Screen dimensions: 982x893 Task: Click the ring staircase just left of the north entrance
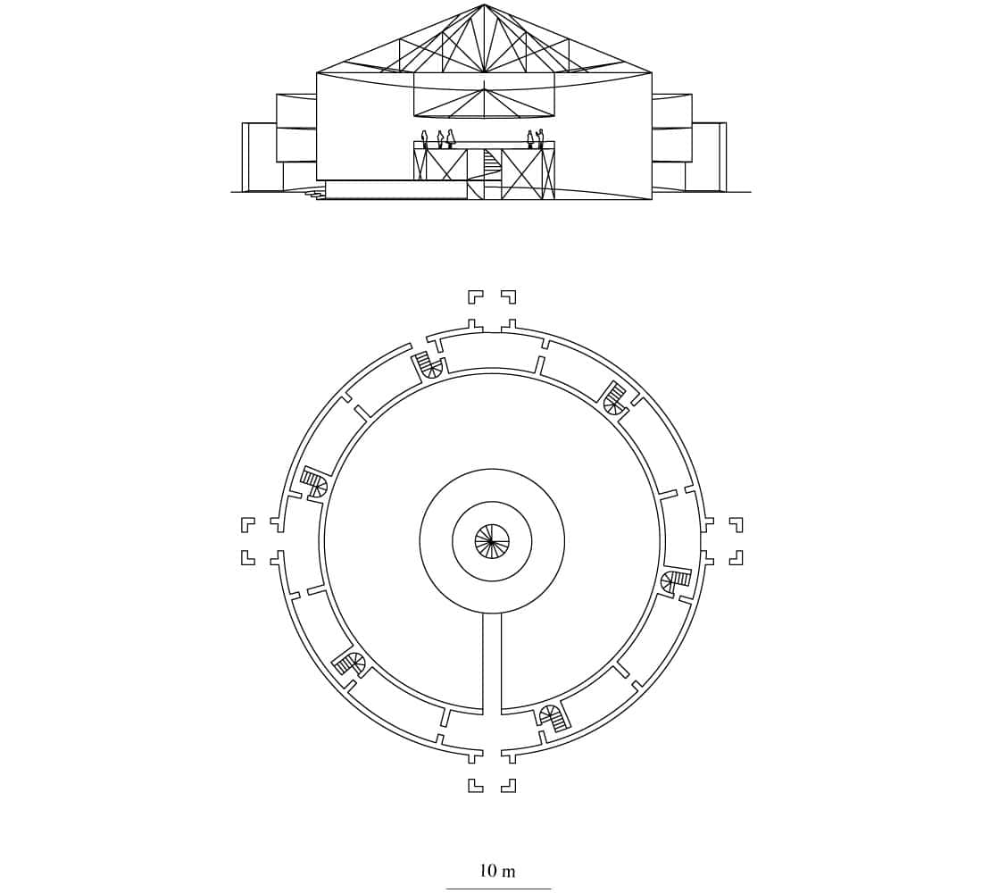[x=429, y=364]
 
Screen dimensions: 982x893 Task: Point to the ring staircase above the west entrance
[x=314, y=480]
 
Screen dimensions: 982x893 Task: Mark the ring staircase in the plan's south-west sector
[x=349, y=663]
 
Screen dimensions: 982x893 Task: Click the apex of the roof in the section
[x=484, y=4]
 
